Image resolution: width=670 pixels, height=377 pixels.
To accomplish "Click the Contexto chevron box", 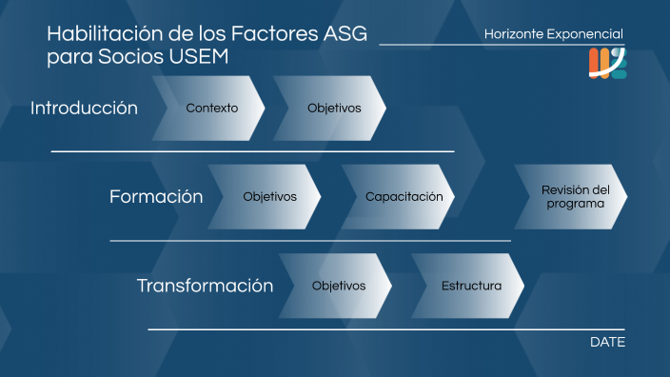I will coord(211,108).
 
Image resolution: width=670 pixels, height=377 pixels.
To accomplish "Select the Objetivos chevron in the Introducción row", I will coord(333,108).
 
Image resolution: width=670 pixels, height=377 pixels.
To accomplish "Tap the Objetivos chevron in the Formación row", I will coord(268,197).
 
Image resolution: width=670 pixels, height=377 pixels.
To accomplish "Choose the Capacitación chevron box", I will coord(403,197).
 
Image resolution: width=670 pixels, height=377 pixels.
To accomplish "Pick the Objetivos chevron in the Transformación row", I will coord(338,286).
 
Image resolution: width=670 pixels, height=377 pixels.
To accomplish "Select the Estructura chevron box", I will coord(470,286).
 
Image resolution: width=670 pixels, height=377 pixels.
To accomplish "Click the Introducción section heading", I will coord(84,108).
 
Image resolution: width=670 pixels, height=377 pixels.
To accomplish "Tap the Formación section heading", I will coord(156,197).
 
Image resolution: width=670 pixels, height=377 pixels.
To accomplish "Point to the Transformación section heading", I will coord(205,286).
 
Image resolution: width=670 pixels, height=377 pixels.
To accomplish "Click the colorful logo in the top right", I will coord(607,63).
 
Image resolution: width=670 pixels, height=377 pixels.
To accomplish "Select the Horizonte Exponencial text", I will coord(554,34).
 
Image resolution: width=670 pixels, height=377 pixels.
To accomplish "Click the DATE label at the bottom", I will coord(607,342).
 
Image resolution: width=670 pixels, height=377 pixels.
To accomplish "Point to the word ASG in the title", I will coord(345,35).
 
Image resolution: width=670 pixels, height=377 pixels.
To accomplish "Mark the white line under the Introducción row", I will coord(252,151).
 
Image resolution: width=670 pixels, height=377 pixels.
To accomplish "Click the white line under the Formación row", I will coord(310,241).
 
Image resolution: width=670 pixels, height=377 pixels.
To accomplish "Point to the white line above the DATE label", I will coord(385,329).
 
